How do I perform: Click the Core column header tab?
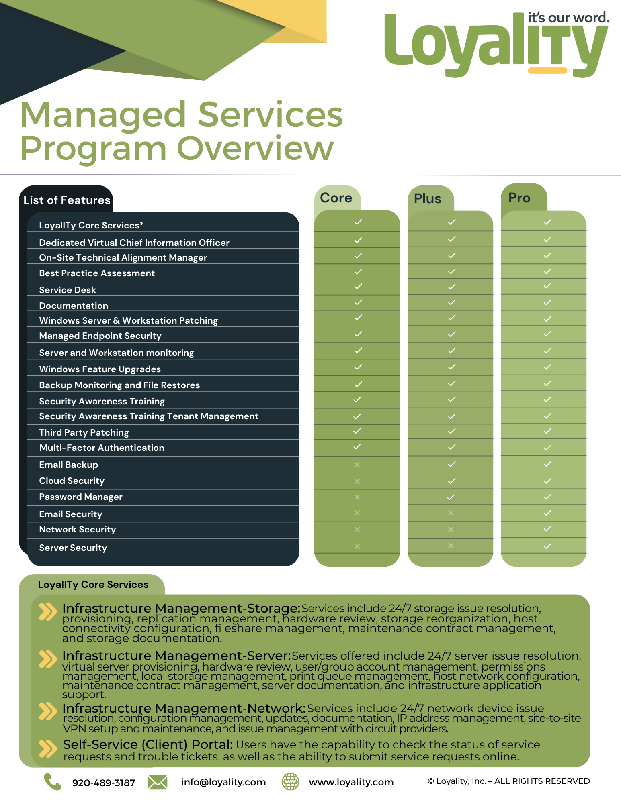pos(336,198)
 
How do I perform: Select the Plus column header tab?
pos(428,199)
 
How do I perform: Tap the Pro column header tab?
pos(519,198)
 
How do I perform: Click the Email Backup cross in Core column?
pos(357,465)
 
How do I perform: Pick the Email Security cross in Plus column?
pos(451,513)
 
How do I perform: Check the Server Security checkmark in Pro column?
pos(547,546)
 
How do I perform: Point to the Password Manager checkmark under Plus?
pos(451,497)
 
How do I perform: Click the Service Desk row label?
pos(68,290)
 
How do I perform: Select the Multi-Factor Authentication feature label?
pos(102,448)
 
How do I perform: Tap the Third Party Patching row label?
pos(84,432)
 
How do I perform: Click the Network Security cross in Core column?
pos(357,530)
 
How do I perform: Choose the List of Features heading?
pos(67,200)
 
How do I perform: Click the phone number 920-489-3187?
pos(103,783)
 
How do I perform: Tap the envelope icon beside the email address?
pos(158,782)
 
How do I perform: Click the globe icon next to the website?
pos(290,782)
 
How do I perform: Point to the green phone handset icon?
pos(52,782)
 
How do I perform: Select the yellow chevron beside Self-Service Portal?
pos(48,748)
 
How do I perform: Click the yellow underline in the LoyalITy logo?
pos(547,71)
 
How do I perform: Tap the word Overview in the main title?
pos(255,149)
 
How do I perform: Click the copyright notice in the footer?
pos(509,781)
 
